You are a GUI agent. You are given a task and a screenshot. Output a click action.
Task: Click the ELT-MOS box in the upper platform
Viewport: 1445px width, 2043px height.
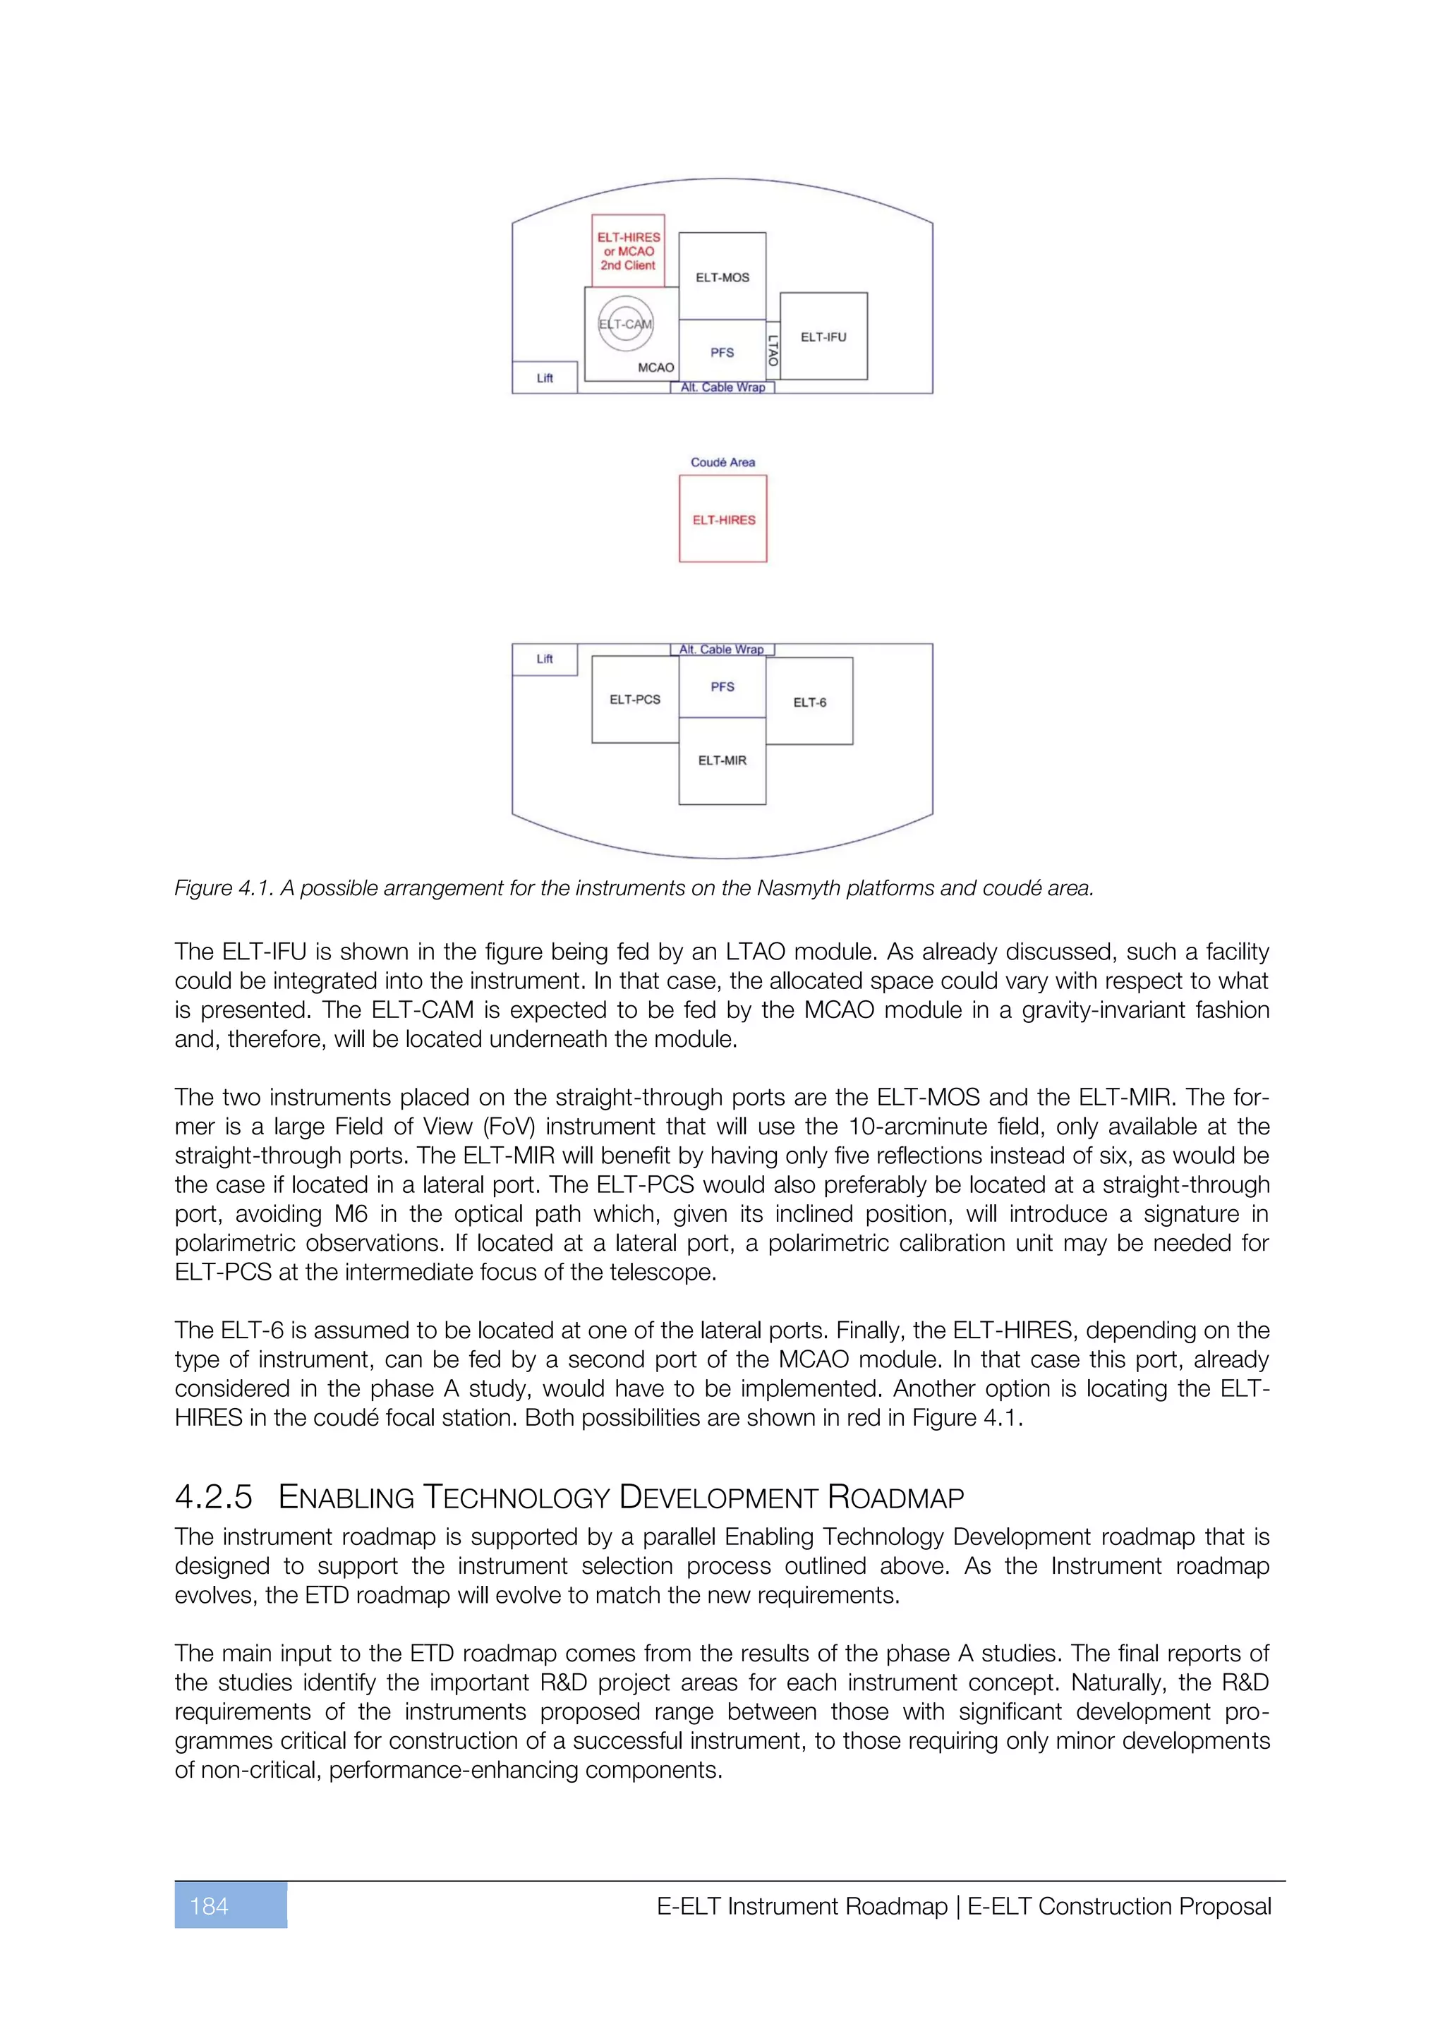coord(722,277)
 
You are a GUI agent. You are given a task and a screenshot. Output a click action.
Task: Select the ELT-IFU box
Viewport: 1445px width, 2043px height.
coord(823,337)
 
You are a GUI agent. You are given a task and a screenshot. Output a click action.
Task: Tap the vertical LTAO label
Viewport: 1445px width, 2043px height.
coord(773,350)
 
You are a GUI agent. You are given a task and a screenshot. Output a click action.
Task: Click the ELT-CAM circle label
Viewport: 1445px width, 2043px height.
coord(626,324)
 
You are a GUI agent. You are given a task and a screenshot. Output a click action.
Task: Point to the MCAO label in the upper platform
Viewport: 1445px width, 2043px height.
coord(655,368)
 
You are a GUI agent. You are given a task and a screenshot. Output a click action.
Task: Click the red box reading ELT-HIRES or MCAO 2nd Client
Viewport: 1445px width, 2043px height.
coord(628,251)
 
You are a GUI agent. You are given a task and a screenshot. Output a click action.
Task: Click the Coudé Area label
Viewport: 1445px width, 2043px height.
coord(722,462)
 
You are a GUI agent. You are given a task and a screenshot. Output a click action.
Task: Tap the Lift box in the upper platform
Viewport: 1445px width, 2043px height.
coord(545,378)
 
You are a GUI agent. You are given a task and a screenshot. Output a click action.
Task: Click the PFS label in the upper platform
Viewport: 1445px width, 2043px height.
coord(722,352)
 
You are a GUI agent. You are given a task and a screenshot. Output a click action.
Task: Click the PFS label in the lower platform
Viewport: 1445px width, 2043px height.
coord(722,687)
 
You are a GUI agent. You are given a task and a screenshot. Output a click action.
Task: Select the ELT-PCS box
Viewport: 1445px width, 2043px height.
coord(634,699)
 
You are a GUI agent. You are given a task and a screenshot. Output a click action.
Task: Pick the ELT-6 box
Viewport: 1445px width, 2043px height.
coord(809,702)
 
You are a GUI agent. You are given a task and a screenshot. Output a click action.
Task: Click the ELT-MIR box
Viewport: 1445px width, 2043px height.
coord(722,760)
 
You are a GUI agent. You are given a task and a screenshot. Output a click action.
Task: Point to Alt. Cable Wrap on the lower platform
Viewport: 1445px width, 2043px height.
coord(722,650)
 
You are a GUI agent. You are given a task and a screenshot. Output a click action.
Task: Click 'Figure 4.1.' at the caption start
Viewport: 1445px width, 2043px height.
coord(224,888)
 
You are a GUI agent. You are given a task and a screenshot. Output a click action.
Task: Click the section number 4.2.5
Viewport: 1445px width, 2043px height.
coord(214,1498)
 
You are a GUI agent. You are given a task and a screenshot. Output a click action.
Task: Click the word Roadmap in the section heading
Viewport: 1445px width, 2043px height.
coord(895,1498)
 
